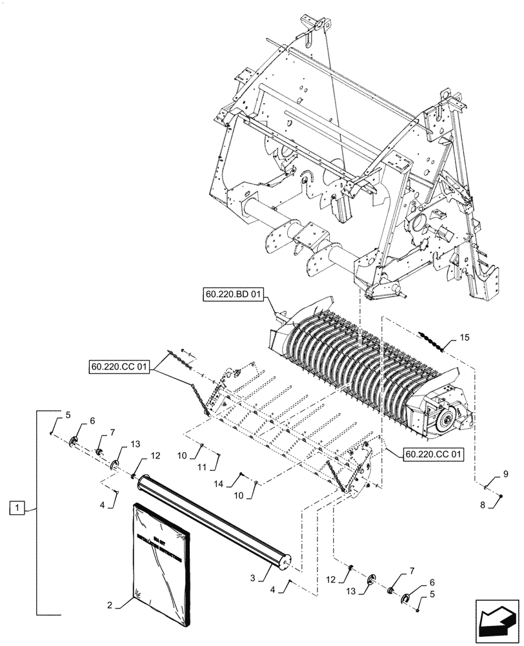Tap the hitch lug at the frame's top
pos(320,26)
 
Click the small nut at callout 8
pos(501,495)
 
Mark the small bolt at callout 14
pos(241,476)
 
